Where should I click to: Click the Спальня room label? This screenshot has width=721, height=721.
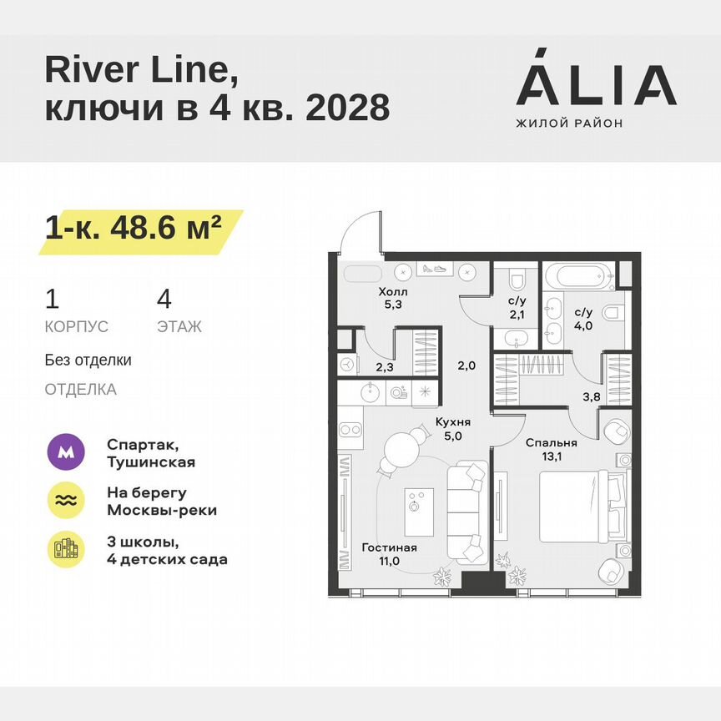pos(551,443)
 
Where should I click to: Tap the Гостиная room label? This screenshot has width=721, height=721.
pos(389,547)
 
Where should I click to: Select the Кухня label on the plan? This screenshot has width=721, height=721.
pos(456,422)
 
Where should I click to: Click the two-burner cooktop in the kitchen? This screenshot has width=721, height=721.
pos(350,431)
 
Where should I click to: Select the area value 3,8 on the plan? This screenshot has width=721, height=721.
pos(591,397)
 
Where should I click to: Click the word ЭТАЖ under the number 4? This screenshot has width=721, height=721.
pos(179,327)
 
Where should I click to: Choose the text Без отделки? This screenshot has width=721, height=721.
pos(88,360)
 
